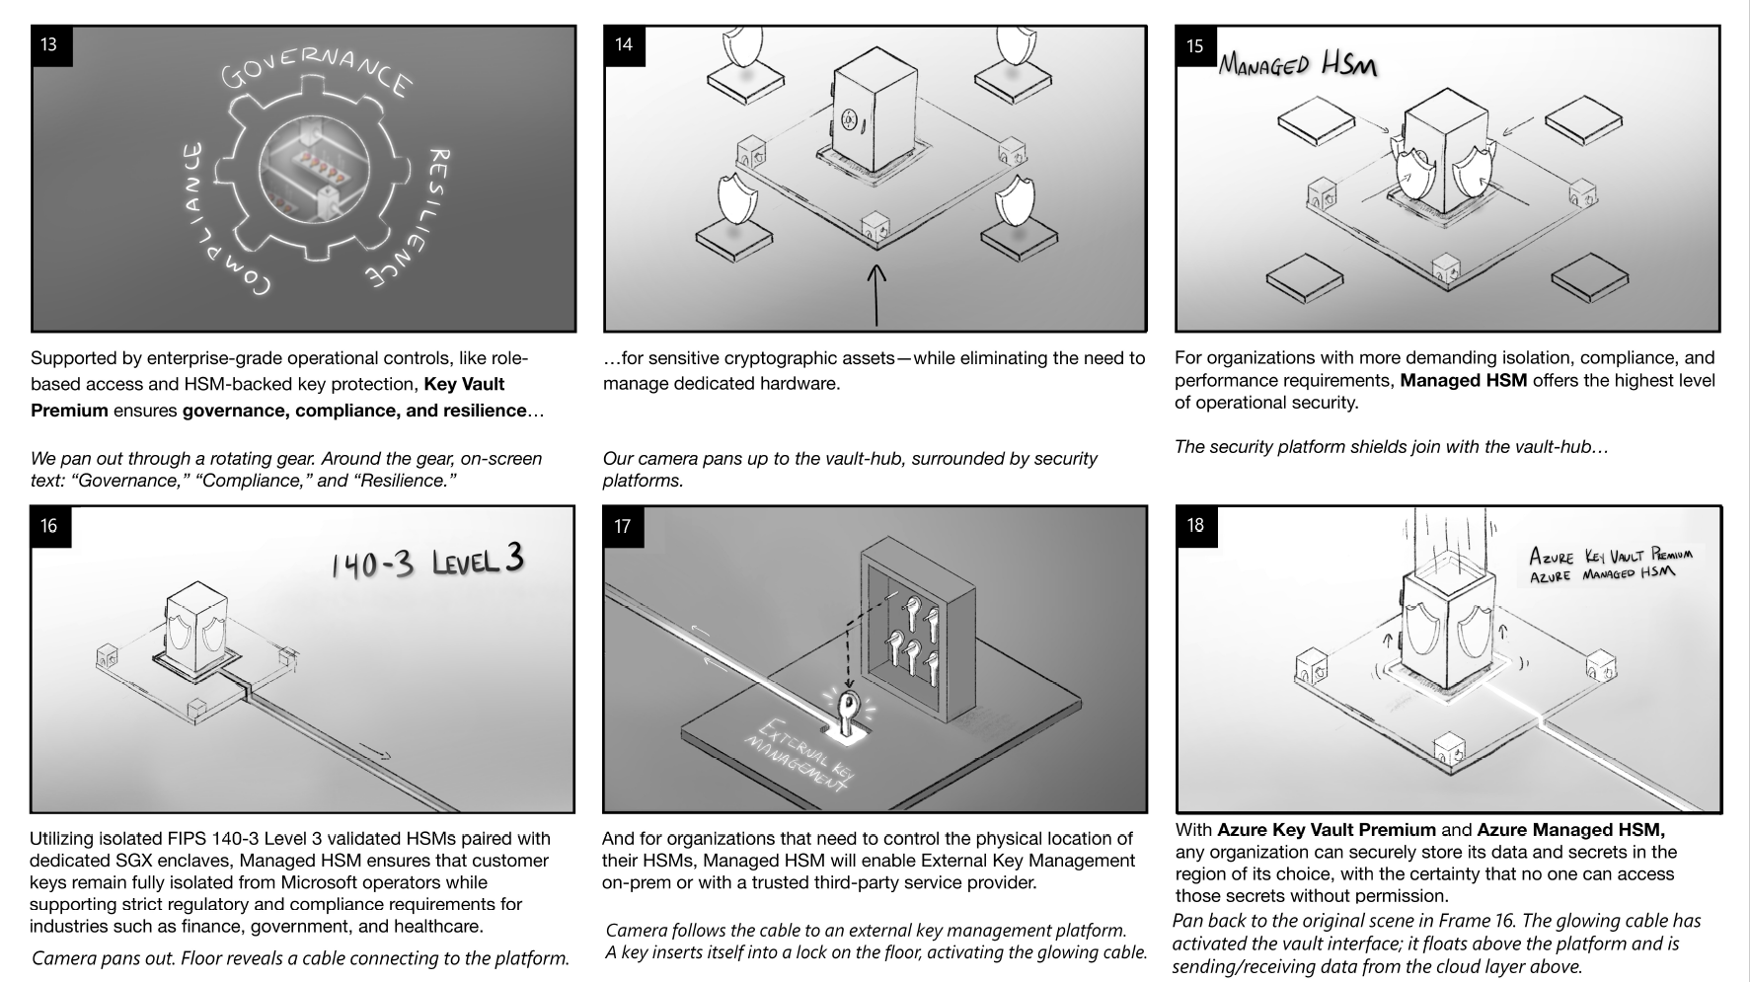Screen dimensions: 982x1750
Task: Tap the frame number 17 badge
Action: (x=622, y=526)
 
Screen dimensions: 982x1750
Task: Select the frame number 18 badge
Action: (x=1195, y=525)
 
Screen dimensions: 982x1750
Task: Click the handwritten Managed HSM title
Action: (x=1297, y=65)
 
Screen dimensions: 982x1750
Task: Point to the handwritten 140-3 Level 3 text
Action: (x=426, y=562)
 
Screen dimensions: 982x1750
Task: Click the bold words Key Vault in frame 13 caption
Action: (x=464, y=384)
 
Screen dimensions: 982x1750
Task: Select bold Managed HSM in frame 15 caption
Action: (x=1463, y=380)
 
